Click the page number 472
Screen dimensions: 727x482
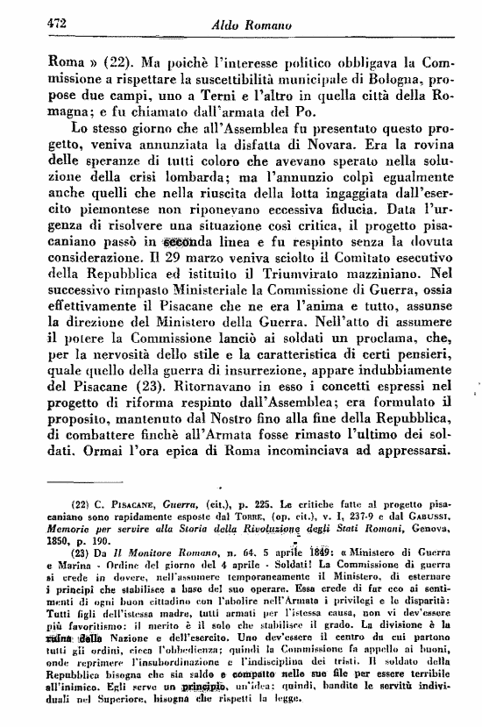(33, 26)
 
